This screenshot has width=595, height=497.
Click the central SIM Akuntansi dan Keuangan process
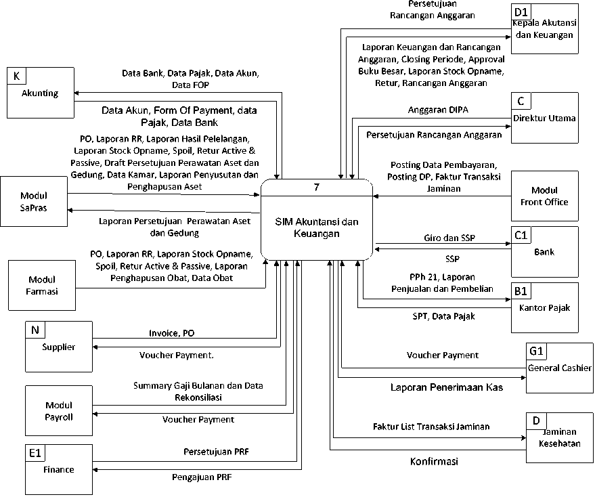(x=317, y=228)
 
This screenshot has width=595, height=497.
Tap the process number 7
(x=317, y=188)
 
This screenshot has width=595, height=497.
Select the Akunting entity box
(x=40, y=93)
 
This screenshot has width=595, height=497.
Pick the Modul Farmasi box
(x=42, y=285)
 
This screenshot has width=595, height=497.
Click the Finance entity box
(x=58, y=469)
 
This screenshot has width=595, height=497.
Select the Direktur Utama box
(x=545, y=118)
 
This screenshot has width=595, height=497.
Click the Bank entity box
(x=545, y=252)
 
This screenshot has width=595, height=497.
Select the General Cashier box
(x=559, y=368)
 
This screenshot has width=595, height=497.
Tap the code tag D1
(x=521, y=12)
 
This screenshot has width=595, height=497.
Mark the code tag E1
(x=35, y=453)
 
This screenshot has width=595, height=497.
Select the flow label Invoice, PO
(x=172, y=333)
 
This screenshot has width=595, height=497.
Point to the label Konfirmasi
(x=434, y=462)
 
